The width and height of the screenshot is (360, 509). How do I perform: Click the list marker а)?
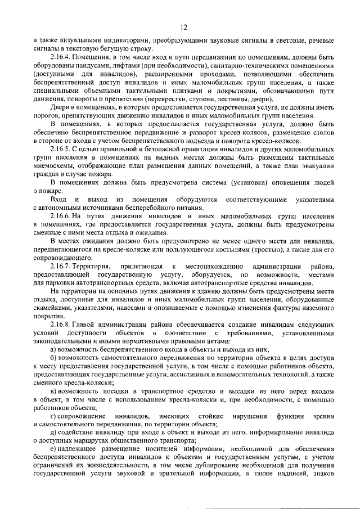(53, 350)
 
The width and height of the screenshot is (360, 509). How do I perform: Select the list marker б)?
(53, 358)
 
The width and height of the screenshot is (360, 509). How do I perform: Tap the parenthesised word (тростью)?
(244, 249)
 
